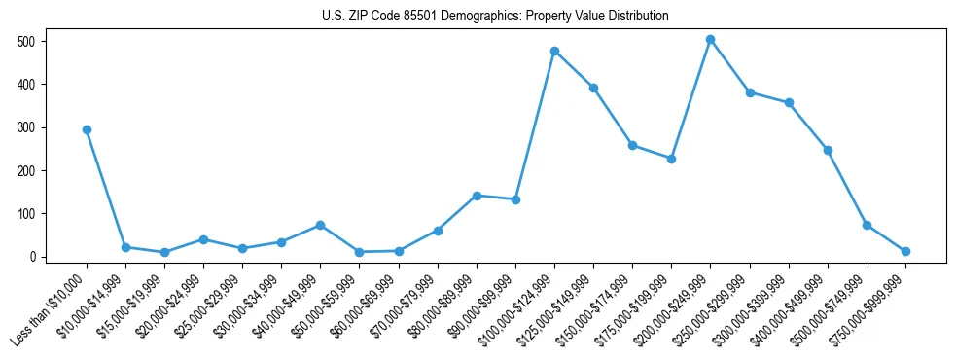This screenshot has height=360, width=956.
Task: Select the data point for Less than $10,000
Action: (87, 129)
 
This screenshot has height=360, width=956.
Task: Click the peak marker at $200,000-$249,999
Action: (710, 40)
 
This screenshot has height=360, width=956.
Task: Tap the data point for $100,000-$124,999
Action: (554, 51)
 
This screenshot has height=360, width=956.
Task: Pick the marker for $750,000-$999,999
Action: (905, 251)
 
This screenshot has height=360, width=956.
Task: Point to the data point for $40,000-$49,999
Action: (320, 225)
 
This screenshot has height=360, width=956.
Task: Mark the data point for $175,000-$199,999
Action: (671, 159)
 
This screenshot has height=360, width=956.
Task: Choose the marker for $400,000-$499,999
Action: (828, 150)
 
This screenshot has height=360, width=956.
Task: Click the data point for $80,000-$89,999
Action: (477, 196)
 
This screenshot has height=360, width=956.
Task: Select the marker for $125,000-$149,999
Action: (593, 88)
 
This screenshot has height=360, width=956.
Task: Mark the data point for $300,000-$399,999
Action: (789, 102)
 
